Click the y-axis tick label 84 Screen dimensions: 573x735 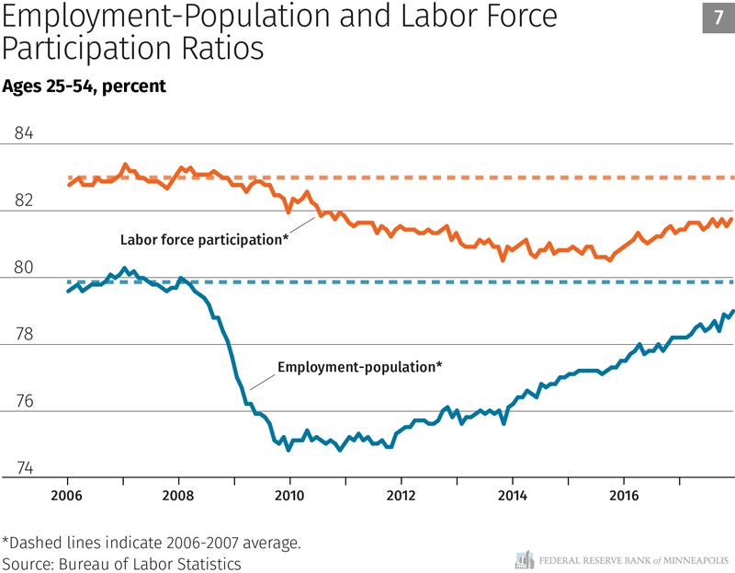tap(24, 133)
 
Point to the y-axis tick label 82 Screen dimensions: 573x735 tap(24, 201)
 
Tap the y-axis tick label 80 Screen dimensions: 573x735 tap(24, 269)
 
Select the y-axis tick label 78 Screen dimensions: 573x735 tap(24, 335)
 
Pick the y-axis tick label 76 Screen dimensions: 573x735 tap(24, 402)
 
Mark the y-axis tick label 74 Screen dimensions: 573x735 tap(24, 469)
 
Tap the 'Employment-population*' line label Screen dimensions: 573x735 tap(359, 366)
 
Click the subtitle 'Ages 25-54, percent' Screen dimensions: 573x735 tap(84, 86)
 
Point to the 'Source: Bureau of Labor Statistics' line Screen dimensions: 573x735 tap(121, 563)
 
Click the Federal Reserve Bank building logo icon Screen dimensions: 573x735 tap(525, 559)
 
